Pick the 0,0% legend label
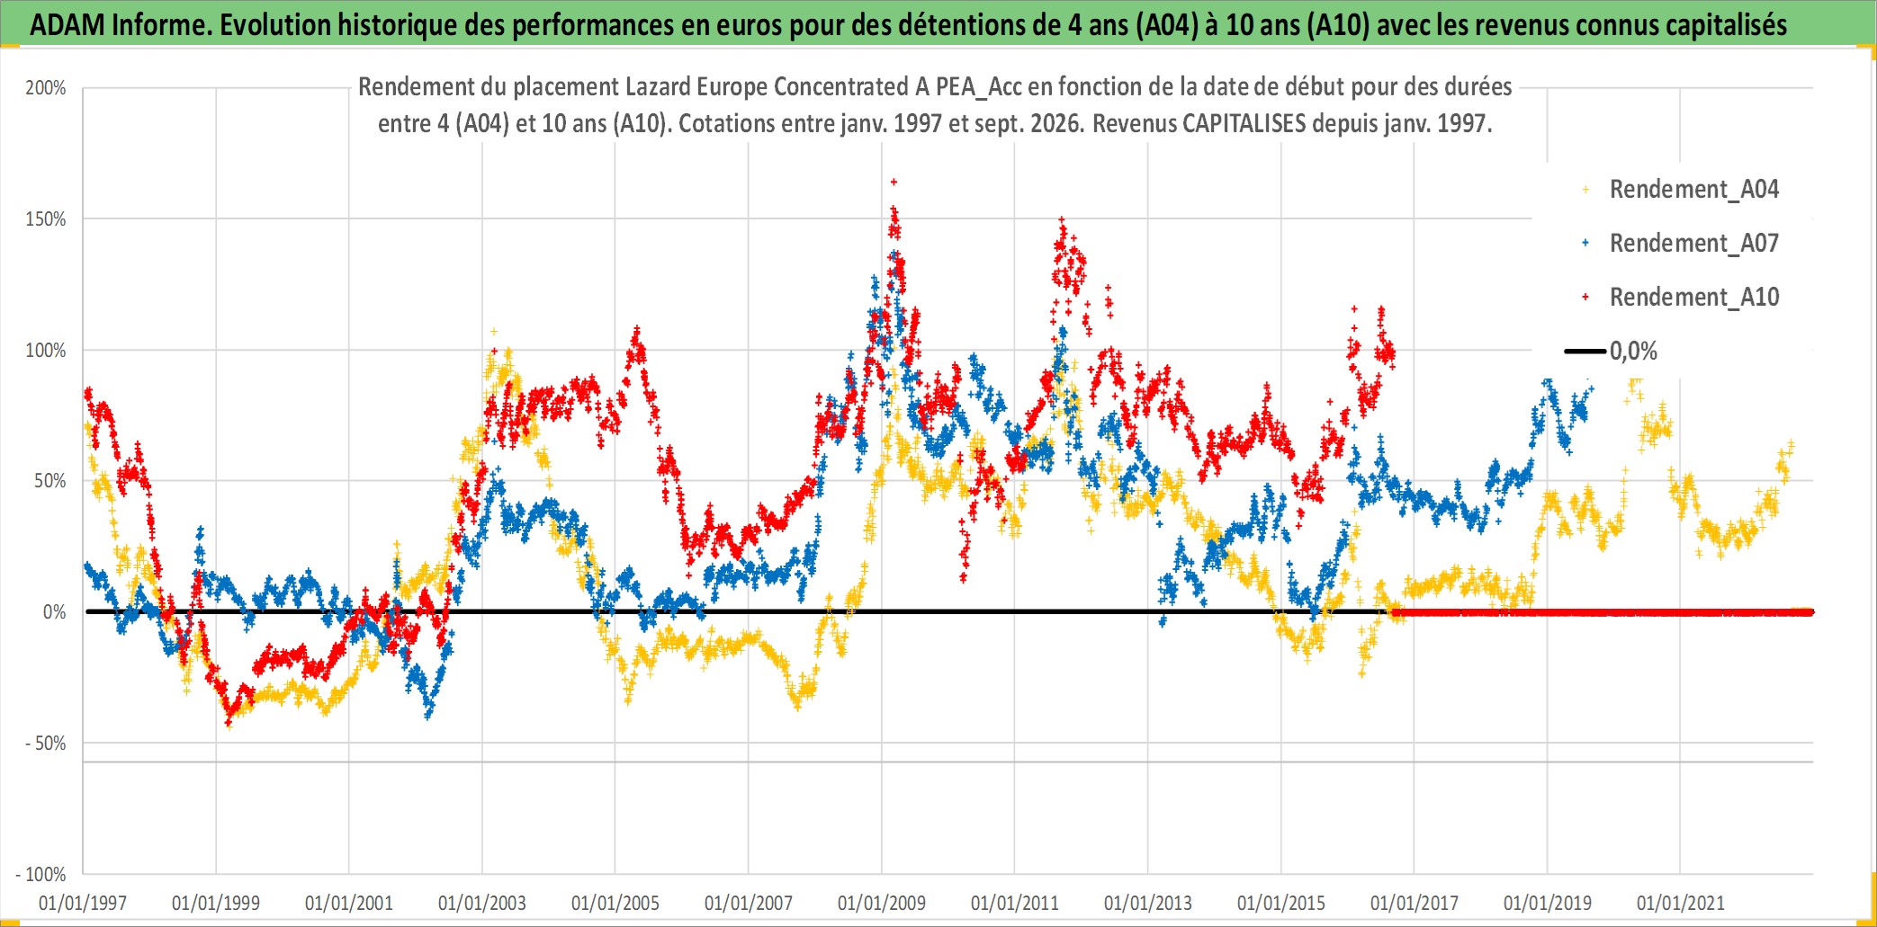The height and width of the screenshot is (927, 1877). click(x=1633, y=351)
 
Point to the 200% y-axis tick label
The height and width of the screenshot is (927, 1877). click(x=46, y=88)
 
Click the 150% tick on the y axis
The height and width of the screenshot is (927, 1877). click(x=46, y=219)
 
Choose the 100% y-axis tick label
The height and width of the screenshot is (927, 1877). click(x=46, y=351)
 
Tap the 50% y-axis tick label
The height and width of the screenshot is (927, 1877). click(x=50, y=481)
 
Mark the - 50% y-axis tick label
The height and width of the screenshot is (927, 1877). click(x=46, y=744)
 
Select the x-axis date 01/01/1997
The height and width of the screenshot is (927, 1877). click(x=83, y=903)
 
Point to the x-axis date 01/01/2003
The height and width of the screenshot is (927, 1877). click(x=482, y=903)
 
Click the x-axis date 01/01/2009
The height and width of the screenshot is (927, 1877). click(x=882, y=903)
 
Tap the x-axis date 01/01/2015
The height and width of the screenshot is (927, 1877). click(x=1281, y=903)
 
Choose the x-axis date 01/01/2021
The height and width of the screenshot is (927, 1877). click(x=1681, y=903)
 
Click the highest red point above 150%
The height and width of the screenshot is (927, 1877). click(x=894, y=182)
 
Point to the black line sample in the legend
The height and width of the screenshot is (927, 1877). click(x=1585, y=352)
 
